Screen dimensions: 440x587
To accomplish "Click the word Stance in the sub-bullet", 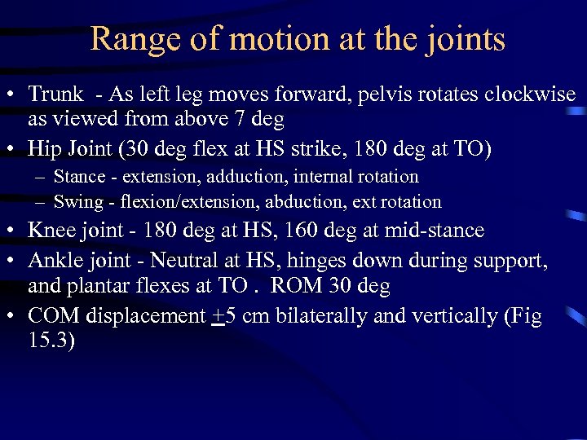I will click(77, 176).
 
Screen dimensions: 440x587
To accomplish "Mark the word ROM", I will click(293, 286).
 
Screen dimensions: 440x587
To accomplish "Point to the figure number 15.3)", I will click(51, 341).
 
